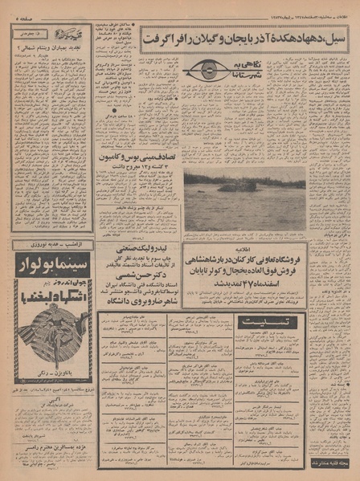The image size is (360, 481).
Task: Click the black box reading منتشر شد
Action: [x=329, y=463]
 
